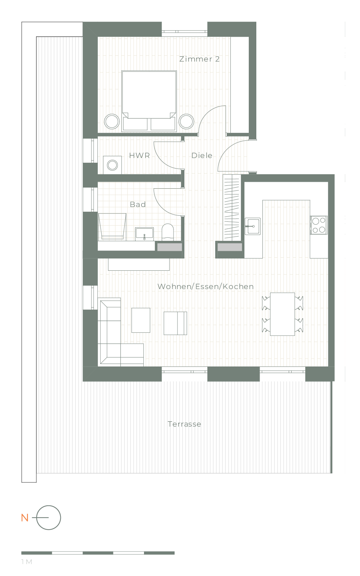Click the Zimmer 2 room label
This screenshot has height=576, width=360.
(x=199, y=59)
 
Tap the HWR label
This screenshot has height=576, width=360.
(x=139, y=156)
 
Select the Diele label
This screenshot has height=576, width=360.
(x=202, y=156)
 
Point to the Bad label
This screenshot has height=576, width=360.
(x=138, y=204)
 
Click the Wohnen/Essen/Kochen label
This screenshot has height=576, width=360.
(x=206, y=287)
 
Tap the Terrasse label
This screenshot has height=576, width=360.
(x=184, y=424)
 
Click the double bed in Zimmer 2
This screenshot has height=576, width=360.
(x=149, y=101)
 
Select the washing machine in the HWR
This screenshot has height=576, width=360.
(x=112, y=165)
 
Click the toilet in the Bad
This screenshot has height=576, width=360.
(x=168, y=232)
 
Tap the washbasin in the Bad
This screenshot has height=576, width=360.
(x=144, y=234)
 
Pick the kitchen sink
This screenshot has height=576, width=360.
(x=252, y=226)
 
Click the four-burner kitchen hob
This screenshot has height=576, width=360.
(x=319, y=225)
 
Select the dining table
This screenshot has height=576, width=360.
(x=283, y=314)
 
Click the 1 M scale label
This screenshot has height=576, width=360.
(x=27, y=562)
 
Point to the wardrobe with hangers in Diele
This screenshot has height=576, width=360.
(x=232, y=207)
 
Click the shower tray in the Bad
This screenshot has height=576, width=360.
(x=112, y=227)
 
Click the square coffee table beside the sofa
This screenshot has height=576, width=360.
(x=141, y=320)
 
